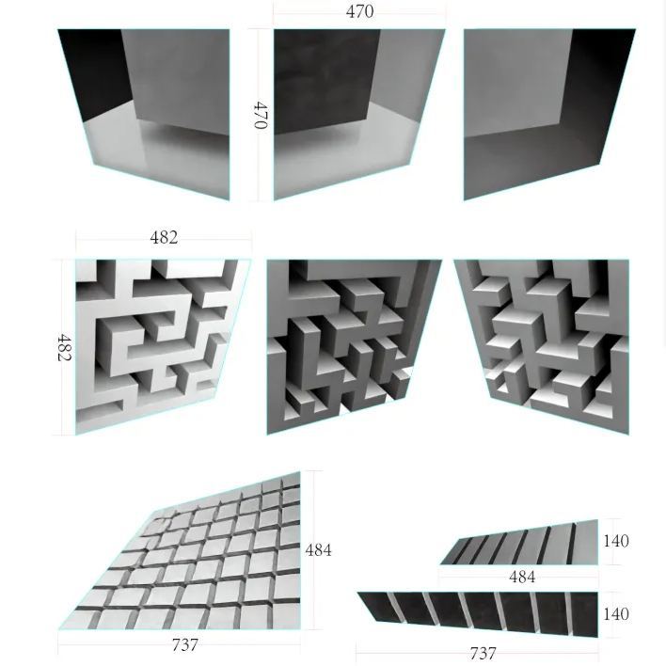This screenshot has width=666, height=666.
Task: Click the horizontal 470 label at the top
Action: [359, 11]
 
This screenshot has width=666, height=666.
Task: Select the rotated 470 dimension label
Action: [260, 115]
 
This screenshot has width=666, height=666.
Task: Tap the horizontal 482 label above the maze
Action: [164, 237]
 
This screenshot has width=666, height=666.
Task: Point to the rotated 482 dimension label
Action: [64, 347]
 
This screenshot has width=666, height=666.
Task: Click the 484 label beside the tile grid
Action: [318, 550]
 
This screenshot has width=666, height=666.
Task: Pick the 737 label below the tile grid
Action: [185, 645]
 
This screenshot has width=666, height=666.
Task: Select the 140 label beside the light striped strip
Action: [616, 541]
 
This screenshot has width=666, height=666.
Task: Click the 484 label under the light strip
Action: [522, 577]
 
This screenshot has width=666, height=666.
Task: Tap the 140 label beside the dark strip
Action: [616, 613]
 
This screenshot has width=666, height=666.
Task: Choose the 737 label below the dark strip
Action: [483, 653]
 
